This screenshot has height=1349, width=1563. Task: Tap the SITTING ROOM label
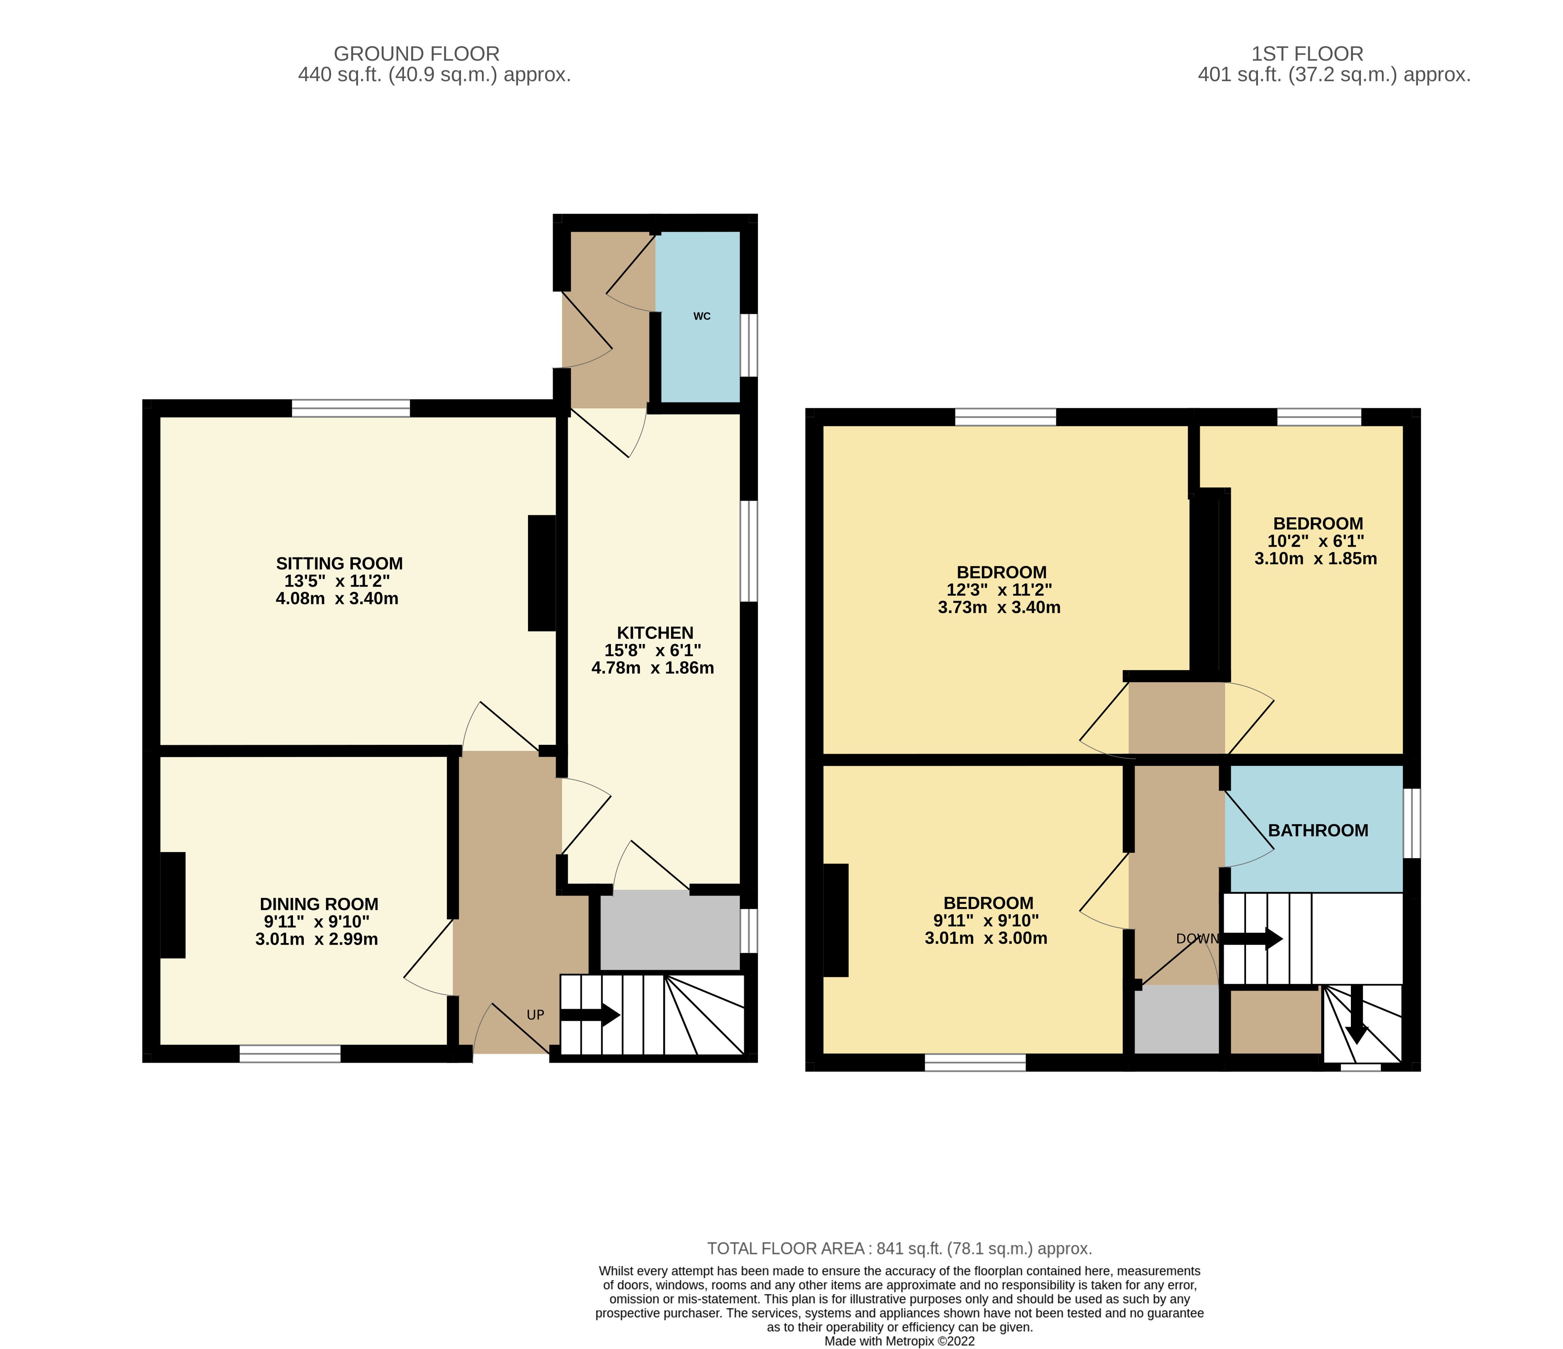tap(339, 563)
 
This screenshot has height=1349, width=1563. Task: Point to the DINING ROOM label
tap(319, 904)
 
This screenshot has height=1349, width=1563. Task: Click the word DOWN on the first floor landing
tap(1197, 939)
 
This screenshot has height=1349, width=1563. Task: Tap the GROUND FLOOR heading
tap(416, 54)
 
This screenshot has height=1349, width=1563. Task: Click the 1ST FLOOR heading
tap(1307, 54)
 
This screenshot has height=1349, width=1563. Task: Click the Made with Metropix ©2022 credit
tap(899, 1342)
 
